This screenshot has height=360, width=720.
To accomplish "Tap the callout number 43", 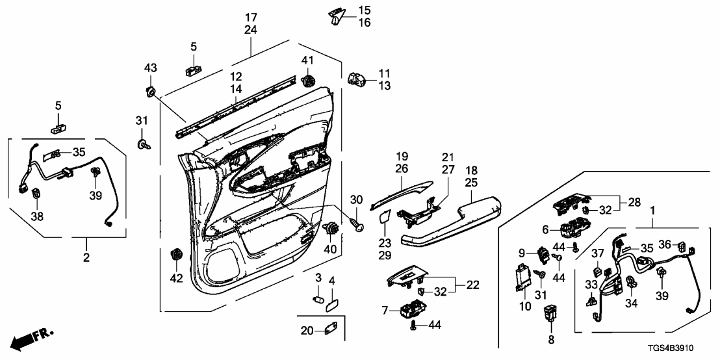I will (150, 68).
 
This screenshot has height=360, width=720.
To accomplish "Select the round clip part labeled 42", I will (175, 255).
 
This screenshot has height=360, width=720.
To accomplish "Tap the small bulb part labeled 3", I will (318, 300).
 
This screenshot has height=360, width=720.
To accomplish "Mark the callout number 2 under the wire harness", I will (86, 258).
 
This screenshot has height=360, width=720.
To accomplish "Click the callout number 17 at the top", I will (251, 16).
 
